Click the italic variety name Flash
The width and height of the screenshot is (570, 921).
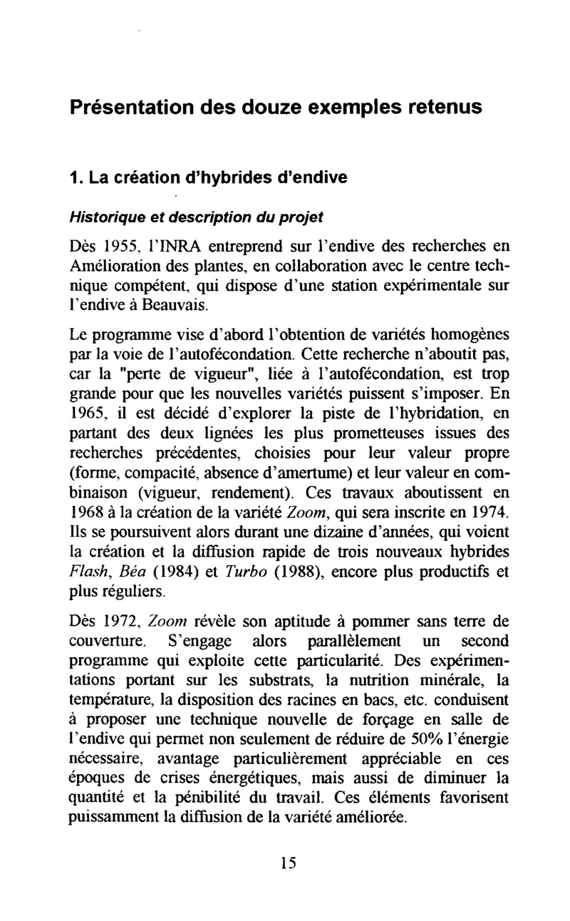point(86,572)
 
